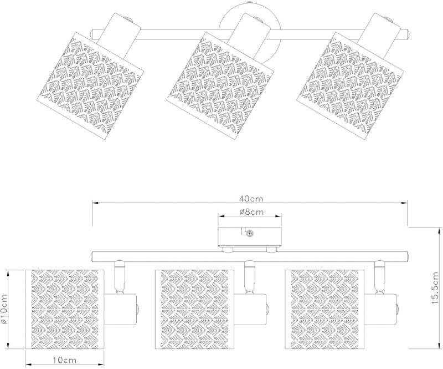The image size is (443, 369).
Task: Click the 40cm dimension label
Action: (x=251, y=199)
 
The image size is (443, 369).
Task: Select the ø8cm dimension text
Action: (x=251, y=212)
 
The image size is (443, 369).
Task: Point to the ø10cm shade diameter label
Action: (x=4, y=309)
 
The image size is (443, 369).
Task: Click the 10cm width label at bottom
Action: (x=65, y=360)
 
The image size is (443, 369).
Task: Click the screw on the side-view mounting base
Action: (x=250, y=234)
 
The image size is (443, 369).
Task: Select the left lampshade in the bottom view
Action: (x=65, y=309)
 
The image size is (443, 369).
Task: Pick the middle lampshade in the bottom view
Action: (x=195, y=309)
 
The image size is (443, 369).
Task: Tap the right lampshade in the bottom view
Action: (x=324, y=309)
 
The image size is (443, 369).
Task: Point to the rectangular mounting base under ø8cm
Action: (x=250, y=237)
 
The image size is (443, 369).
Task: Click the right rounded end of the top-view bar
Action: (x=406, y=34)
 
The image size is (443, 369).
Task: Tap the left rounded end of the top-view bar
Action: (x=92, y=34)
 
